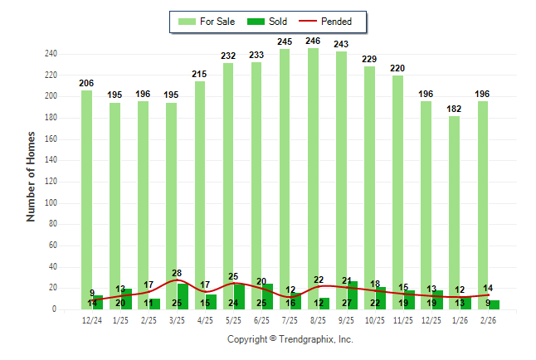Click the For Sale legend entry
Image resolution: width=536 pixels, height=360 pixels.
207,22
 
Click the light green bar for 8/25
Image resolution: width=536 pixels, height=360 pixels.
313,166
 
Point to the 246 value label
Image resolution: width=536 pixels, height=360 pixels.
313,41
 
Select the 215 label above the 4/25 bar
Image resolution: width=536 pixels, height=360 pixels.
199,74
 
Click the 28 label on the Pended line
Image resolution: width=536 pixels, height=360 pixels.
177,274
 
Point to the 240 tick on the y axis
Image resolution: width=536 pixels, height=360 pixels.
51,54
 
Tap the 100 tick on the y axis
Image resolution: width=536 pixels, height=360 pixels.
51,203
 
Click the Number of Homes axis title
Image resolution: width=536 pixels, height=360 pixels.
32,176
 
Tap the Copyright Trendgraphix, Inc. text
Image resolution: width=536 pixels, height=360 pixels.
290,339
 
